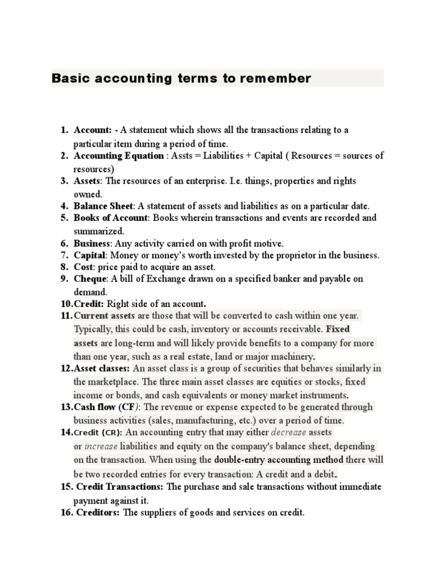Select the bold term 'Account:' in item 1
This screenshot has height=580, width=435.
(x=93, y=130)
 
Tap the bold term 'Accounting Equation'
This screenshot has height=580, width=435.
(x=118, y=156)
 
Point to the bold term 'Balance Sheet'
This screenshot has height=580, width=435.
(x=104, y=206)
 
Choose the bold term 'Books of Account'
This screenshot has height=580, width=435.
(x=110, y=218)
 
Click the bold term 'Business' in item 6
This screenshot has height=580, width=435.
(x=92, y=244)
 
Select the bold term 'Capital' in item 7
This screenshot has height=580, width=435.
(x=90, y=255)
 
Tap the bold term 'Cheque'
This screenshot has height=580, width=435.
(x=90, y=279)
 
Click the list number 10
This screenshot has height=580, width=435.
(x=67, y=304)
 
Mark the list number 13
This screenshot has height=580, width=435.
(x=67, y=407)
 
